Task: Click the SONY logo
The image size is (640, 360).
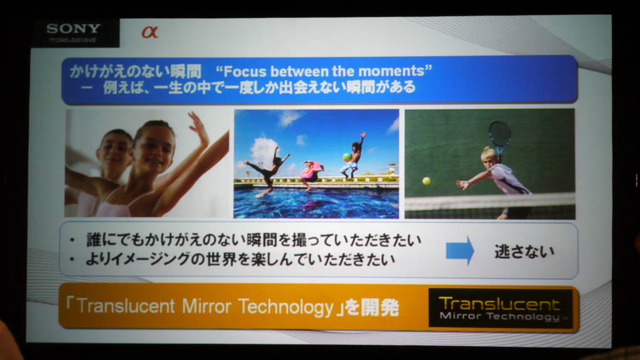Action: pyautogui.click(x=74, y=28)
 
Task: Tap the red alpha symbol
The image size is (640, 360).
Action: pyautogui.click(x=149, y=32)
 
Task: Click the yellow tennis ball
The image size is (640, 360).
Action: pyautogui.click(x=426, y=181)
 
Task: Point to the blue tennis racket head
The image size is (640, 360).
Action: pyautogui.click(x=499, y=134)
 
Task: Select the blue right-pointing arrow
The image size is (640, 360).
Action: pyautogui.click(x=460, y=251)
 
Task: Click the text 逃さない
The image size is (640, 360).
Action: pyautogui.click(x=524, y=251)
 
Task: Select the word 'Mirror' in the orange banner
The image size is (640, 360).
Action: pyautogui.click(x=206, y=306)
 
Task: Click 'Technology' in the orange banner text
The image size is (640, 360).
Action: pyautogui.click(x=286, y=307)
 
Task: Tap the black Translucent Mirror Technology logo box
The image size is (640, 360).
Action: pyautogui.click(x=501, y=308)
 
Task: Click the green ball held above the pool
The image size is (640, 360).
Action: pyautogui.click(x=347, y=157)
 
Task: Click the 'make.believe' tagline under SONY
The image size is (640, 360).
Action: pyautogui.click(x=72, y=39)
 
